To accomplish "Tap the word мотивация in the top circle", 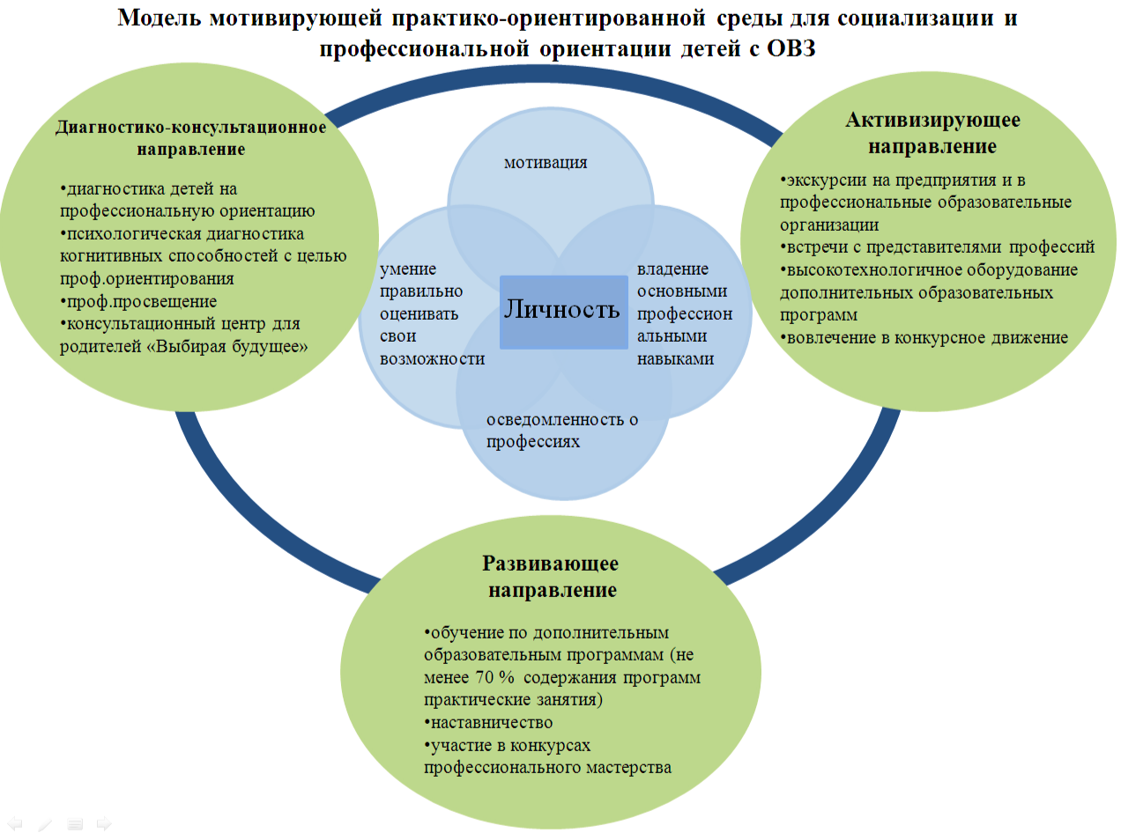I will click(546, 162).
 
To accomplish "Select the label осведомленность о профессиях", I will click(561, 430).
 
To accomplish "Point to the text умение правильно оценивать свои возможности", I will click(432, 314).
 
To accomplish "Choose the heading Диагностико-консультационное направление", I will click(190, 137).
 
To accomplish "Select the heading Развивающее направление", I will click(552, 576).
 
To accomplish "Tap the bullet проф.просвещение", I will click(140, 301).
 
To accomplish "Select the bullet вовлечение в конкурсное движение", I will click(925, 337).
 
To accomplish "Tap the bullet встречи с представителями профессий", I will click(939, 247).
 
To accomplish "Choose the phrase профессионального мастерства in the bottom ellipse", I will click(547, 767).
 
